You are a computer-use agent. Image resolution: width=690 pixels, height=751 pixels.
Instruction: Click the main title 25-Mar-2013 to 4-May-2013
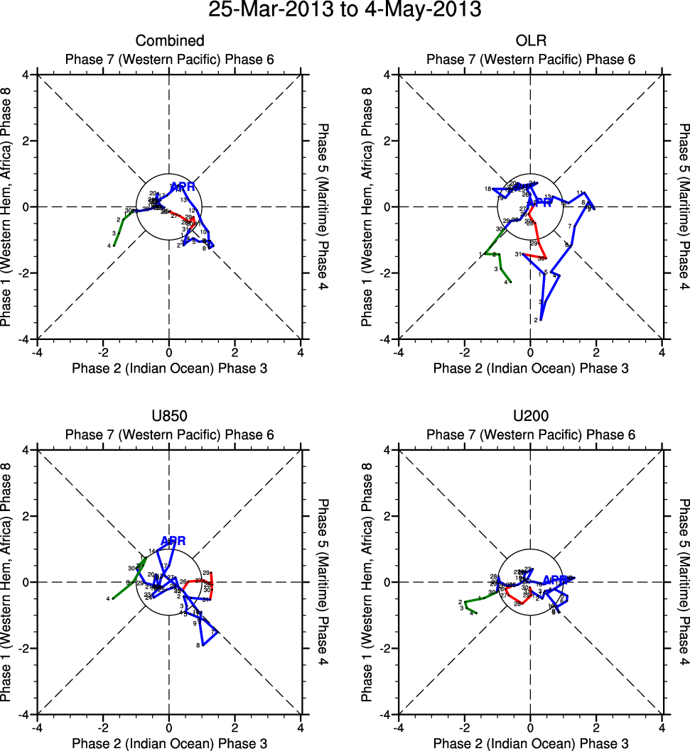[345, 11]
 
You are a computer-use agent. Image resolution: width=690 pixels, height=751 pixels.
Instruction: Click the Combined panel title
[169, 41]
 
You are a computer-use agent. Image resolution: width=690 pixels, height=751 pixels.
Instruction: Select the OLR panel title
[530, 41]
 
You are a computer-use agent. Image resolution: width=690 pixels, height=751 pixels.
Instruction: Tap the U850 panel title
[169, 417]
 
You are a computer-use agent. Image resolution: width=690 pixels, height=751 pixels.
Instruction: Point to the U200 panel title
[530, 417]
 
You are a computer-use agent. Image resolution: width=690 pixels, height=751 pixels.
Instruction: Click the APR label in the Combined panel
[183, 187]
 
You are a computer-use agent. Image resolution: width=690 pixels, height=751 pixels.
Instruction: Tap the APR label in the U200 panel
[555, 580]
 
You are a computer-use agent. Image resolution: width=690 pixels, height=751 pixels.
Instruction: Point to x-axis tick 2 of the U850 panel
[235, 727]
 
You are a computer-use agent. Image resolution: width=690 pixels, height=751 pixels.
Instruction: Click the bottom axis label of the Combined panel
[169, 368]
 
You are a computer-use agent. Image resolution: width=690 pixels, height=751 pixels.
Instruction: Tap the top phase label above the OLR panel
[530, 60]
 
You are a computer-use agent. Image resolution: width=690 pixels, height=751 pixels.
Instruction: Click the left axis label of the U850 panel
[7, 582]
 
